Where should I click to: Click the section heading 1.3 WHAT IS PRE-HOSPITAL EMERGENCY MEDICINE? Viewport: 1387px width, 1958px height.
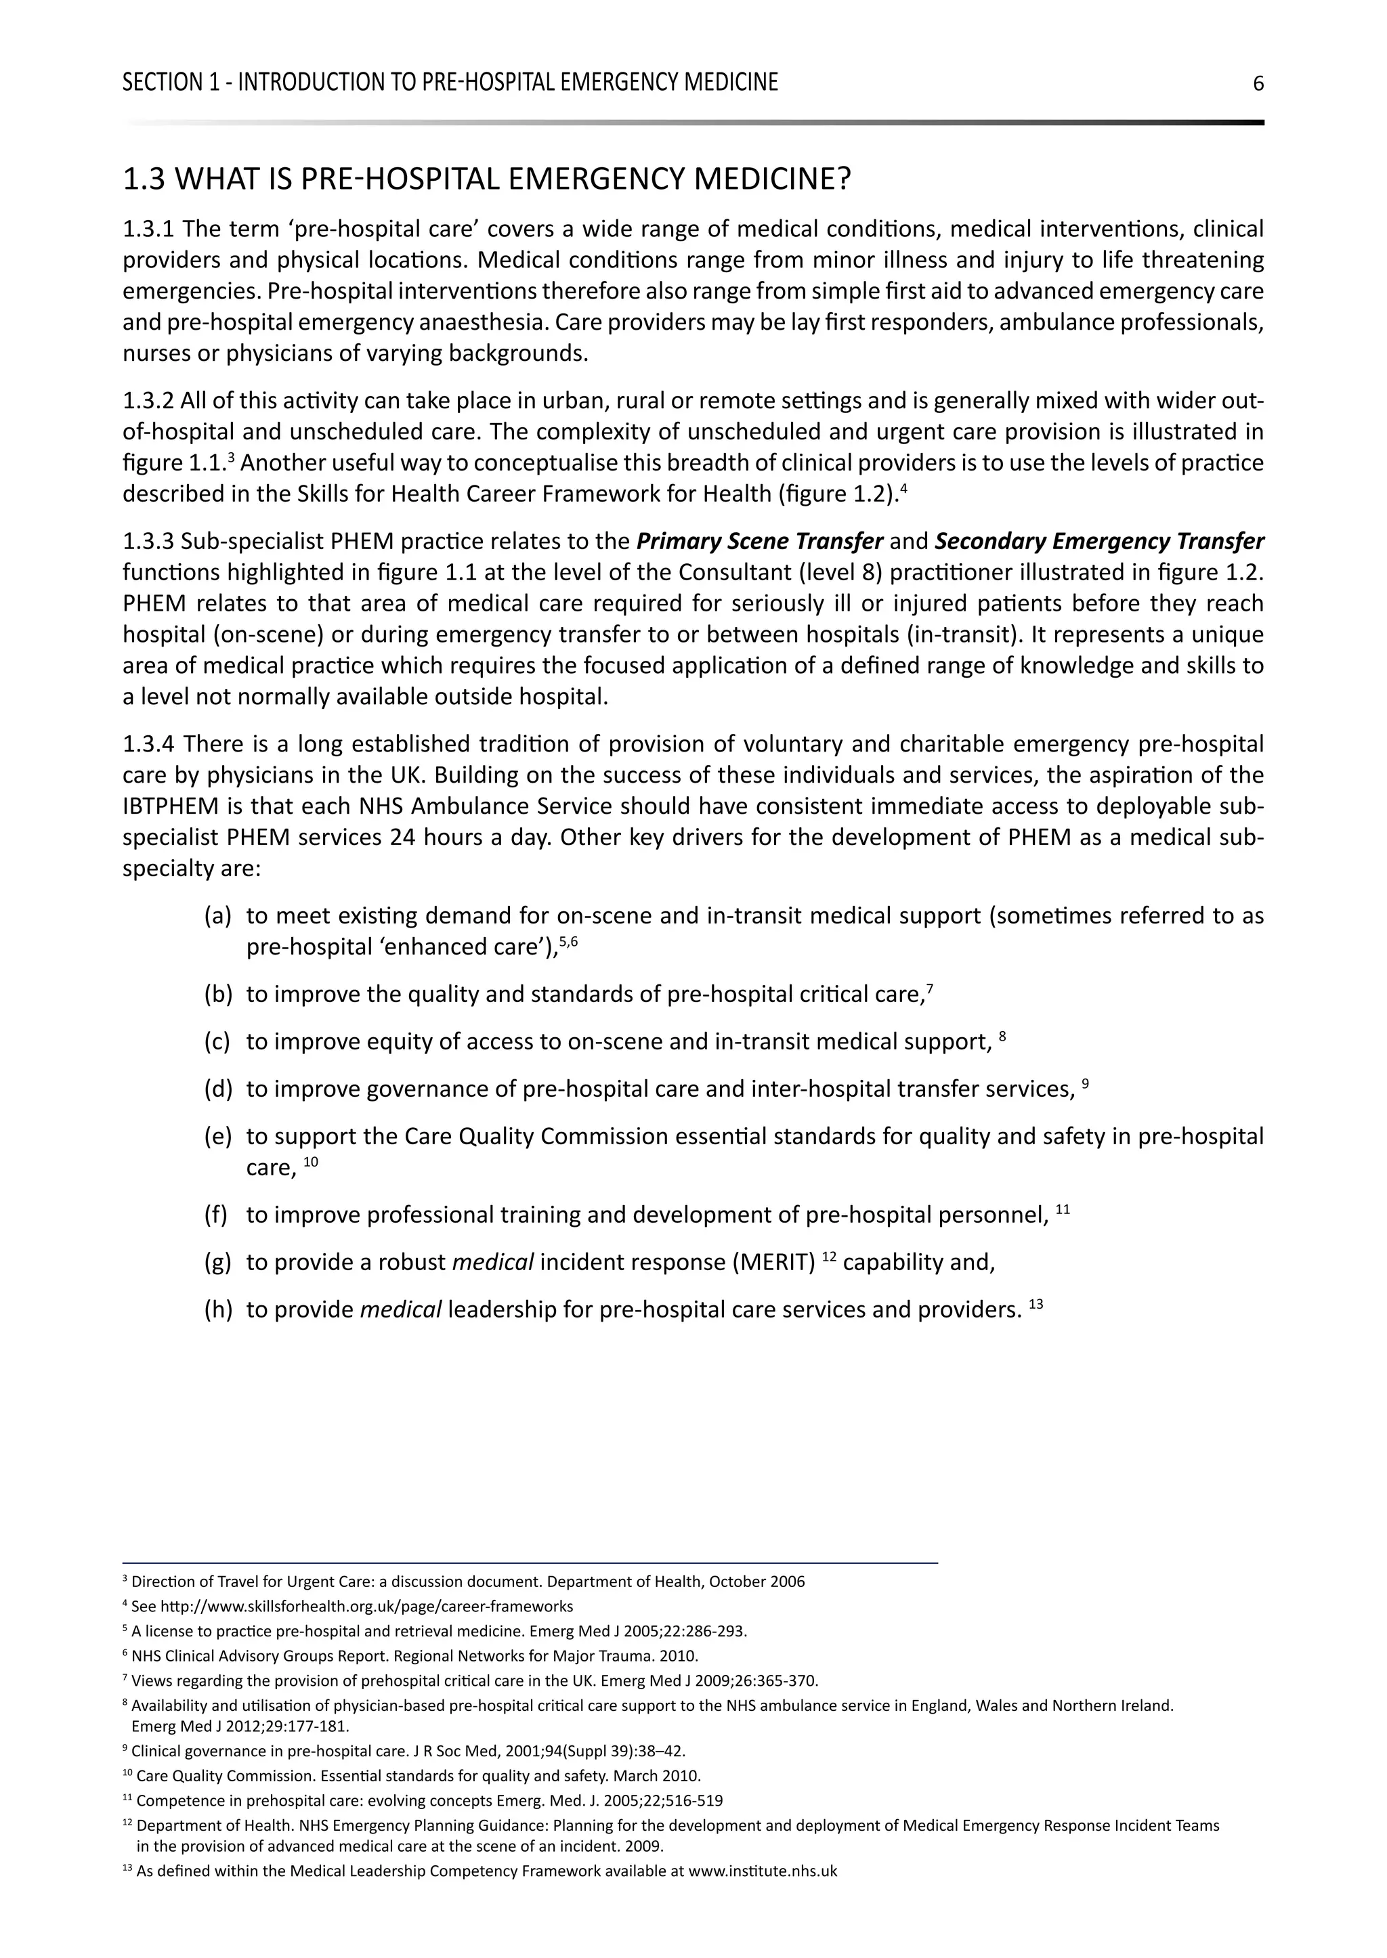point(487,179)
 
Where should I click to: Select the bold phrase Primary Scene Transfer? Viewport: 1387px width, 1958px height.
point(759,542)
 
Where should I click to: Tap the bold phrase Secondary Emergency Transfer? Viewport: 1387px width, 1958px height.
point(1099,542)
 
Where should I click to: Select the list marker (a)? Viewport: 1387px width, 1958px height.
point(218,916)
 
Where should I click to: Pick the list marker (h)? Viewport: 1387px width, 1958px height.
point(218,1310)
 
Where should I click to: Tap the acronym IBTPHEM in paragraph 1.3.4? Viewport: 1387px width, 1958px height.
point(167,807)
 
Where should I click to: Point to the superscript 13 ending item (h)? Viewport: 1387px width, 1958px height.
point(1036,1305)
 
